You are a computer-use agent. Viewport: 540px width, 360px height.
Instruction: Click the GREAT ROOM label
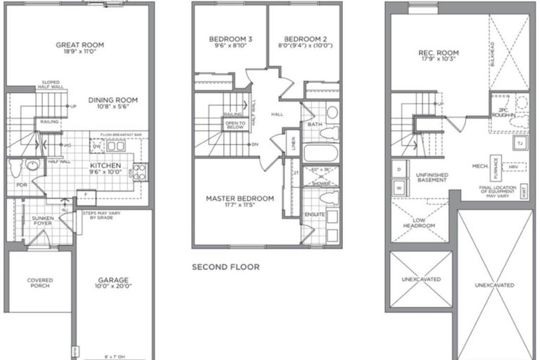pyautogui.click(x=80, y=45)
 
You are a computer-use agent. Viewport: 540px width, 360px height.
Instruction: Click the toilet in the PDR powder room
pyautogui.click(x=31, y=167)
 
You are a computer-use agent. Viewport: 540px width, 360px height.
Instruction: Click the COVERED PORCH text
pyautogui.click(x=39, y=283)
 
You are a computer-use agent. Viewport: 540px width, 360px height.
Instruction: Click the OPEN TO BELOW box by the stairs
pyautogui.click(x=234, y=125)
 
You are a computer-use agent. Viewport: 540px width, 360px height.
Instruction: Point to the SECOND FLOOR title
pyautogui.click(x=225, y=267)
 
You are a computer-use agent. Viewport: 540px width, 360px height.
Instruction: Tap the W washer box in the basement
pyautogui.click(x=398, y=189)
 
